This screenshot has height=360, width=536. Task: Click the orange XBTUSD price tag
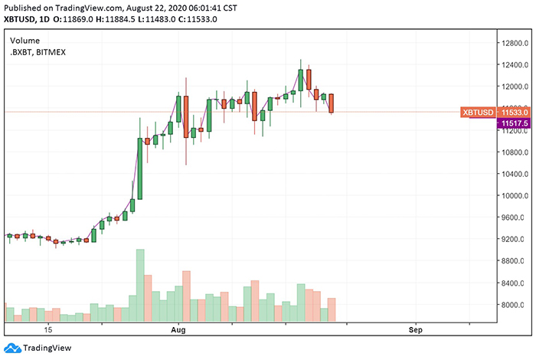pyautogui.click(x=478, y=113)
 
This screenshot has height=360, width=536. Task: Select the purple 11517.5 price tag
pyautogui.click(x=515, y=123)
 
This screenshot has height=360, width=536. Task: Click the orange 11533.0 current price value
pyautogui.click(x=515, y=113)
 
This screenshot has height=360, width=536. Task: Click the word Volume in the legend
pyautogui.click(x=25, y=40)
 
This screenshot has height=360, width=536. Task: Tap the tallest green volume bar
pyautogui.click(x=140, y=285)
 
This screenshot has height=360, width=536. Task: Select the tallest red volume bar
pyautogui.click(x=186, y=296)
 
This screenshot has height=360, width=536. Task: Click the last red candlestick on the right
pyautogui.click(x=332, y=103)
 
